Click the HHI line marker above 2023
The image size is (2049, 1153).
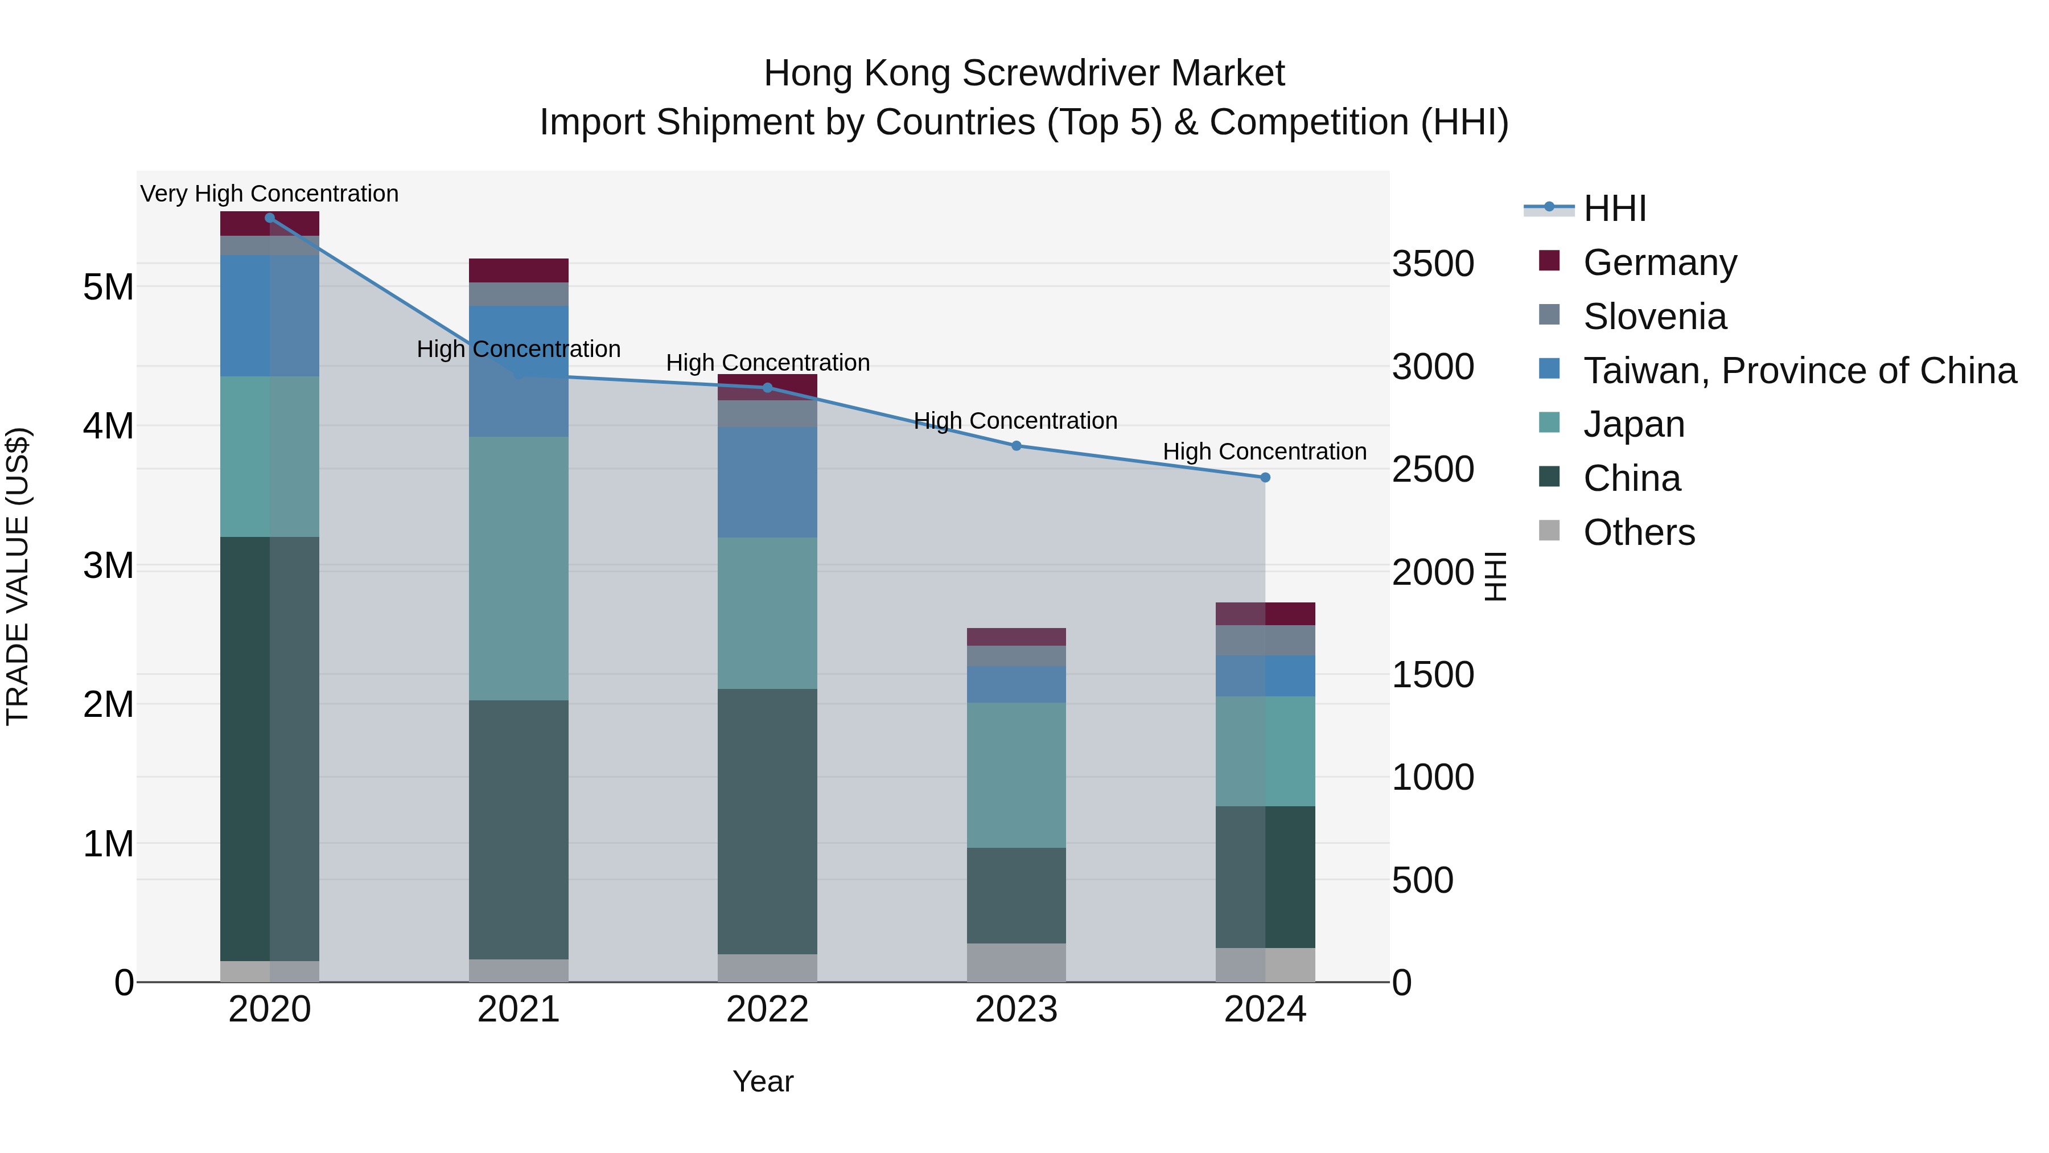[1016, 446]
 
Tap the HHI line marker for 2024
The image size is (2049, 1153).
[1265, 478]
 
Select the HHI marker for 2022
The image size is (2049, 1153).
[768, 388]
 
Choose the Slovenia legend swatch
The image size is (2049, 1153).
[1549, 315]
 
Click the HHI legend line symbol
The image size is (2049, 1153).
[1549, 208]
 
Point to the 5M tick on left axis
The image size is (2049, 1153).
[108, 288]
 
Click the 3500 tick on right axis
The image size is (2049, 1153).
[1433, 264]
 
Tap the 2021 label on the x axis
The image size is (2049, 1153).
[519, 1010]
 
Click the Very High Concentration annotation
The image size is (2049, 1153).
[270, 194]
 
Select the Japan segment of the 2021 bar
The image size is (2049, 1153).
[519, 568]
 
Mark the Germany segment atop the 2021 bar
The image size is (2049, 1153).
[519, 270]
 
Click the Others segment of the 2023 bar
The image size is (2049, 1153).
[1016, 963]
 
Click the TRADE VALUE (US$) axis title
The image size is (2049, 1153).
[18, 576]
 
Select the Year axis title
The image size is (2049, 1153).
[763, 1081]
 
